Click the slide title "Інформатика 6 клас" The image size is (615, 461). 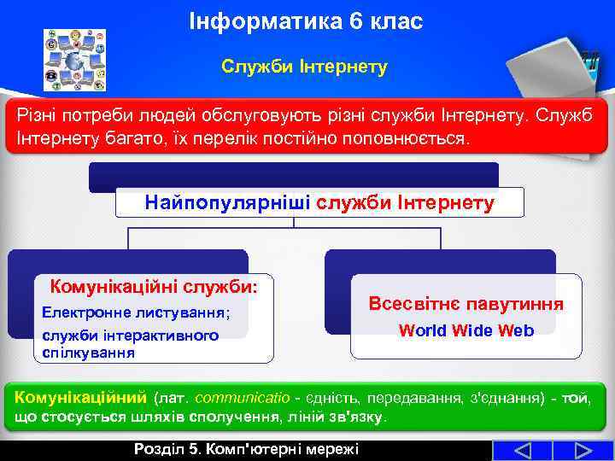(x=305, y=20)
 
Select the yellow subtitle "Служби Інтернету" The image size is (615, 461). (x=304, y=66)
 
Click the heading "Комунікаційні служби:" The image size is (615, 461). (x=154, y=286)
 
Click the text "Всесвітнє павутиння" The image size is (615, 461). (x=466, y=304)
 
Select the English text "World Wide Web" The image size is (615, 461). (x=466, y=330)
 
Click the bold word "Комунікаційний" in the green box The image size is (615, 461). (x=81, y=398)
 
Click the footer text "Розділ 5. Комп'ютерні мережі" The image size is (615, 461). (x=246, y=450)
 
